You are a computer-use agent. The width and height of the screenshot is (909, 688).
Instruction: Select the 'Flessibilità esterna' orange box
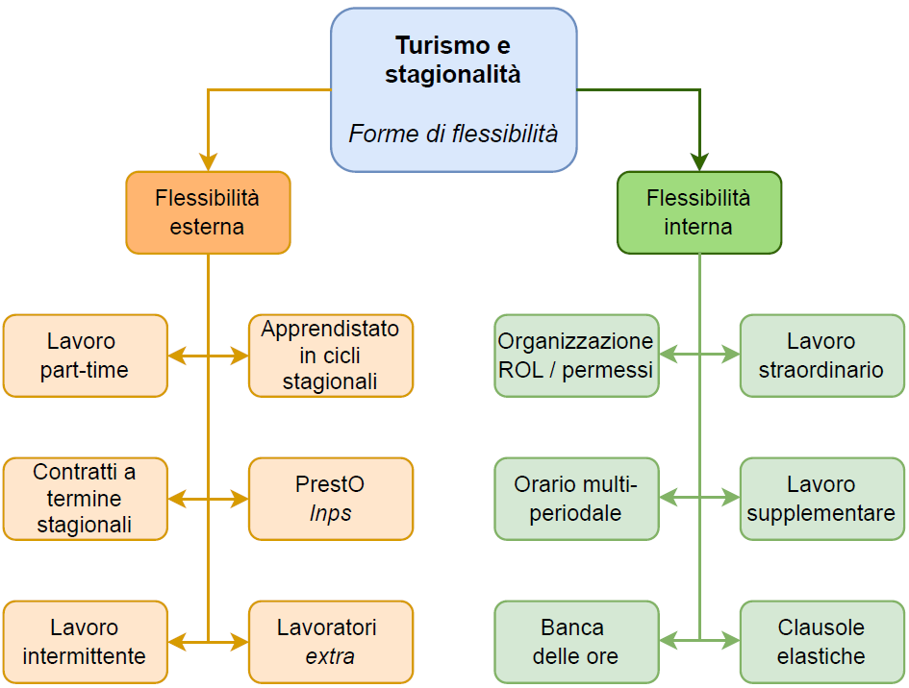coord(208,212)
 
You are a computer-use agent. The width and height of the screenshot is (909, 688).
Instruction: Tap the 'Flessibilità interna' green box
coord(698,212)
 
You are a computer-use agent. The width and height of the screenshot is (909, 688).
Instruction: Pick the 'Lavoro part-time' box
coord(85,356)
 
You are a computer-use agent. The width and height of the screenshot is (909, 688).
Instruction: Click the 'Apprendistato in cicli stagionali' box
coord(331,356)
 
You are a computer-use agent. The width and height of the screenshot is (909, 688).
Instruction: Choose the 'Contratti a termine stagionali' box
coord(85,499)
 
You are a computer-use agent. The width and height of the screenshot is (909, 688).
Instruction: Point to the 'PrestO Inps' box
coord(331,499)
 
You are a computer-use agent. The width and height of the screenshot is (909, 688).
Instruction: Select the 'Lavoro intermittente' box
coord(85,642)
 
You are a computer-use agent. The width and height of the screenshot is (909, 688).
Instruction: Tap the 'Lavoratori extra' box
coord(331,642)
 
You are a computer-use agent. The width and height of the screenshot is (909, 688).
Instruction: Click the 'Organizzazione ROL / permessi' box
coord(576,356)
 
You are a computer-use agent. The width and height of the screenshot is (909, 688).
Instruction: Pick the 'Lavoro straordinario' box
coord(821,356)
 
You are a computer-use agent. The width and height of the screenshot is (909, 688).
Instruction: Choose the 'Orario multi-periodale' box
coord(576,499)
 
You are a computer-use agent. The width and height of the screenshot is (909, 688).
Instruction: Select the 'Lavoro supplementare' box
coord(821,499)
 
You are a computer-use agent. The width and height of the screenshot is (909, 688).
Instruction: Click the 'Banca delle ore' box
coord(576,642)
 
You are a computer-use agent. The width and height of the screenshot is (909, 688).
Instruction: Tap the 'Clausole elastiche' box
coord(821,642)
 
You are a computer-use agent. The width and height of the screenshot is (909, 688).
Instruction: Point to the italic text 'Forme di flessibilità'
coord(453,134)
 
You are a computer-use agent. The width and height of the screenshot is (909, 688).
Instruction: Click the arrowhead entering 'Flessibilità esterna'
coord(208,162)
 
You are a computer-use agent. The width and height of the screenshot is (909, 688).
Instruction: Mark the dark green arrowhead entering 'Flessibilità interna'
coord(699,162)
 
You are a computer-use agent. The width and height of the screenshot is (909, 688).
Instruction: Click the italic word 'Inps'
coord(331,513)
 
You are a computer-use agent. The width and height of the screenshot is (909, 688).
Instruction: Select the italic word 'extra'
coord(331,657)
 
